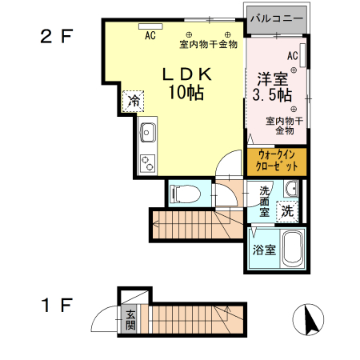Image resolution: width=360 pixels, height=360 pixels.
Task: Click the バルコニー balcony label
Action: coord(276,16)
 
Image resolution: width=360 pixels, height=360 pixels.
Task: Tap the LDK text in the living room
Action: coord(187,74)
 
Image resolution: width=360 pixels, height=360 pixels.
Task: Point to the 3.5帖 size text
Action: coord(272,95)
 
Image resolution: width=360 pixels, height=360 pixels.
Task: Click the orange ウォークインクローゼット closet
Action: coord(276,161)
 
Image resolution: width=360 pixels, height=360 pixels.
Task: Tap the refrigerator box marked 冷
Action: coord(134,102)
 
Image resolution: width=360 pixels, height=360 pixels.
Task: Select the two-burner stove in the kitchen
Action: coord(148,162)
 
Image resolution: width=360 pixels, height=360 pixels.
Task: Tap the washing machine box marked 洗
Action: coord(287,212)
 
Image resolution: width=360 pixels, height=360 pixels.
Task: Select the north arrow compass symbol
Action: coord(307,321)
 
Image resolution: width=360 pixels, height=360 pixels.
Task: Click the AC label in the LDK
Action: coord(150,35)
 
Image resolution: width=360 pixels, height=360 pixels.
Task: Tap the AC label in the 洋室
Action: coord(292,55)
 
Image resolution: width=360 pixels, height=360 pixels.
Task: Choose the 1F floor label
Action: coord(58,305)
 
